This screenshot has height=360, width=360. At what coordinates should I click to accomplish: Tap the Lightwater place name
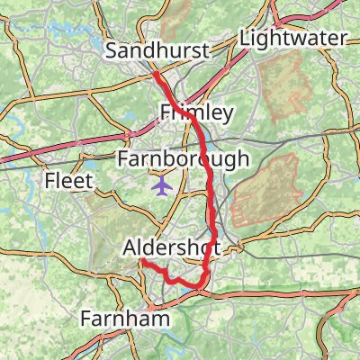pyautogui.click(x=293, y=39)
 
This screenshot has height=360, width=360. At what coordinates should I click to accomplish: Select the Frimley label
pyautogui.click(x=196, y=112)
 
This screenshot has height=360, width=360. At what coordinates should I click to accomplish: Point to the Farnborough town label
pyautogui.click(x=184, y=160)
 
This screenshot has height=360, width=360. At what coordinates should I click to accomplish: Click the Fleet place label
pyautogui.click(x=69, y=182)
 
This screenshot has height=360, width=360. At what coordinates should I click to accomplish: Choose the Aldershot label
pyautogui.click(x=169, y=247)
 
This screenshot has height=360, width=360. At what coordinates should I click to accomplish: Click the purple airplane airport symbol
pyautogui.click(x=162, y=186)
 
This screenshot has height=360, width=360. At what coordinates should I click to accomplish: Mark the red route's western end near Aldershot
pyautogui.click(x=142, y=261)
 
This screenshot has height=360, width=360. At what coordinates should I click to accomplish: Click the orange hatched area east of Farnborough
pyautogui.click(x=266, y=189)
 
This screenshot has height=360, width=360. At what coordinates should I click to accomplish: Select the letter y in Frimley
pyautogui.click(x=228, y=115)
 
